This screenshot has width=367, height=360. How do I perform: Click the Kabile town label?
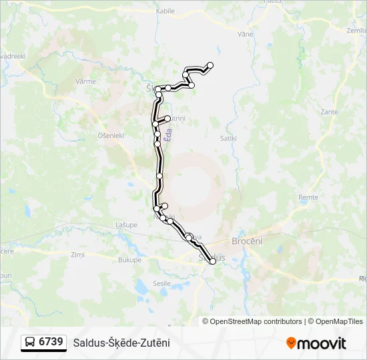(165, 11)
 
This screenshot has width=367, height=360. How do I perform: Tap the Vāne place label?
(245, 33)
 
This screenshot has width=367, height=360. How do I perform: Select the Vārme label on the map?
(86, 81)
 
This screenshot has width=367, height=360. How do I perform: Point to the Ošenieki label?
(111, 135)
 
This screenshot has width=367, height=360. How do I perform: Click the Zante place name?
(329, 112)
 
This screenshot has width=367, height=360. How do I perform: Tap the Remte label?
(308, 197)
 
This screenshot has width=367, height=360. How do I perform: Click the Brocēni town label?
(247, 241)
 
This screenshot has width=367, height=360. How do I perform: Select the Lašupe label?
(125, 225)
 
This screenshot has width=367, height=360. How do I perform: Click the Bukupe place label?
(129, 260)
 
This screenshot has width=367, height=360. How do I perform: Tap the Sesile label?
(162, 283)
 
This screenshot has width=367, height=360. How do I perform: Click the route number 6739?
(51, 342)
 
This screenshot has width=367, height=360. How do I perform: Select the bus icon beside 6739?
(30, 342)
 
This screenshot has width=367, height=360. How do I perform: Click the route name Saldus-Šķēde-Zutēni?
(121, 343)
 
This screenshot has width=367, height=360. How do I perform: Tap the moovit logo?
(316, 343)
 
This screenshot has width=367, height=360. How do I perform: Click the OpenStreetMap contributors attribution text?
(256, 321)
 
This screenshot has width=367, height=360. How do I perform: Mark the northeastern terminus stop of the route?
(210, 65)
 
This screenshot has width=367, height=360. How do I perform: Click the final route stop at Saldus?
(213, 261)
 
